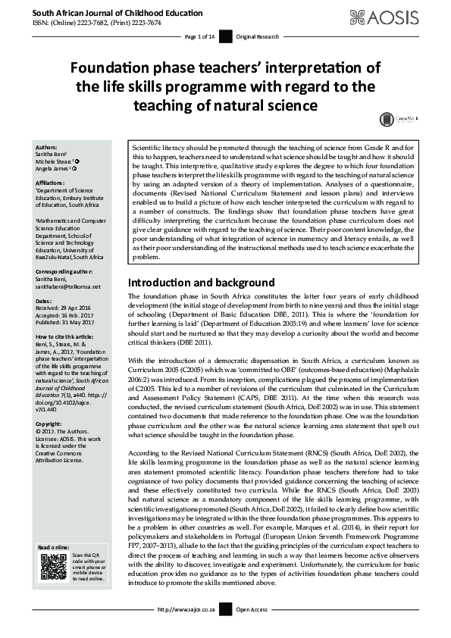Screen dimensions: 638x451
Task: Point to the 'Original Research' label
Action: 255,36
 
